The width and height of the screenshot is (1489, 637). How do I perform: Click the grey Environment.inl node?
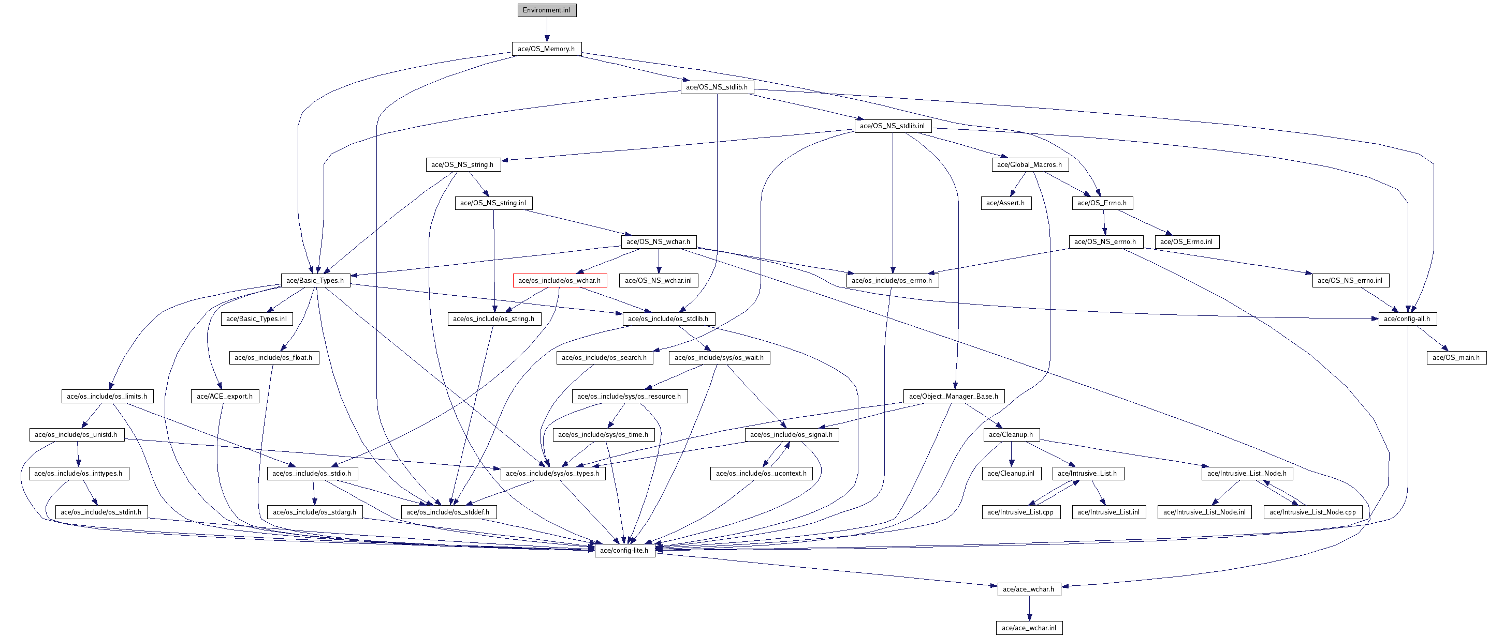[x=546, y=10]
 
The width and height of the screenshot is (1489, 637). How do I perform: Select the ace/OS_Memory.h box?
[x=546, y=49]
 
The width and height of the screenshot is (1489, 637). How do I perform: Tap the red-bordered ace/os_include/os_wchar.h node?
[x=560, y=281]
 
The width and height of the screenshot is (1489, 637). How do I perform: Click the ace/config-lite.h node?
[x=624, y=550]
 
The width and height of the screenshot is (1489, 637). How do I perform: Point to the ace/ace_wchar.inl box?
[x=1029, y=628]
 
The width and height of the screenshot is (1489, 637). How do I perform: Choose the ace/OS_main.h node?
[x=1456, y=357]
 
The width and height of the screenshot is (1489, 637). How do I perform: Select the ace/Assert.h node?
[x=1006, y=203]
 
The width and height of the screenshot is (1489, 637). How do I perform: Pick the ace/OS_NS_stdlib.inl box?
[x=893, y=125]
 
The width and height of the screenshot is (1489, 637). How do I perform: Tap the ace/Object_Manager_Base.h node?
[x=954, y=396]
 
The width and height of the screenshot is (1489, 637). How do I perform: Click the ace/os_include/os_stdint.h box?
[x=101, y=512]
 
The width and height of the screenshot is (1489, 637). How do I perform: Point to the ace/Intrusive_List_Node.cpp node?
[x=1312, y=512]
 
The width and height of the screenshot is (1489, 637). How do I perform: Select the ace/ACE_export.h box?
[x=225, y=396]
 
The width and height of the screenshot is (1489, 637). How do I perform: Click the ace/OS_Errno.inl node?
[x=1187, y=241]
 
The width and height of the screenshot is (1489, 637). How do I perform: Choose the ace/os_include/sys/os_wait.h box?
[x=719, y=357]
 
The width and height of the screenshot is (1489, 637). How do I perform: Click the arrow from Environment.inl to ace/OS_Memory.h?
[x=546, y=29]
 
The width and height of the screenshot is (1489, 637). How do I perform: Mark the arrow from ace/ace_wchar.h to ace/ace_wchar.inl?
[x=1029, y=609]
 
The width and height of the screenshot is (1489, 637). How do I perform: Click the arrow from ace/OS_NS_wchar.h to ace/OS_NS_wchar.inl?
[x=659, y=261]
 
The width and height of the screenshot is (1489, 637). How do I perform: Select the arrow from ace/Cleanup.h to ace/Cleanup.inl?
[x=1011, y=454]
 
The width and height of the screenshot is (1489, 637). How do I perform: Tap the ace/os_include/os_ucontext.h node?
[x=761, y=474]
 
